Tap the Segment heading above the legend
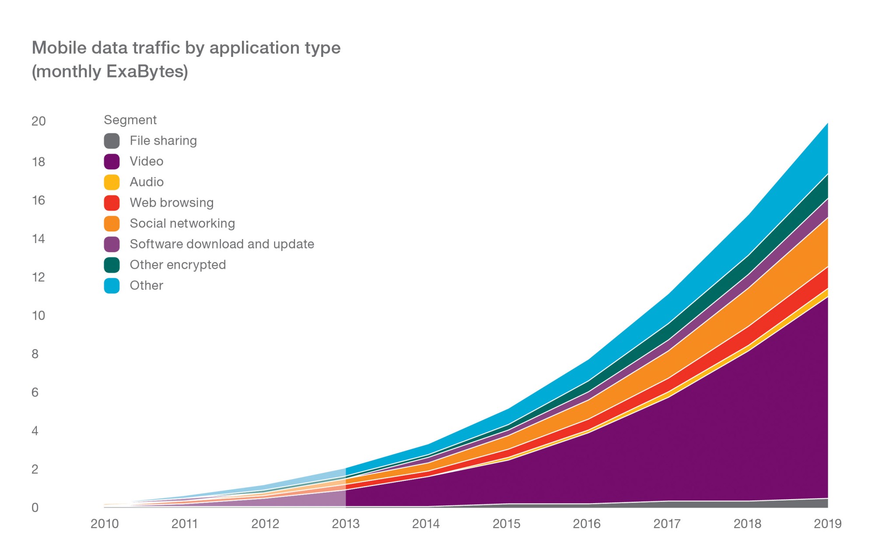130,120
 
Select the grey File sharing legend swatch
112,141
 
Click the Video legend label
147,161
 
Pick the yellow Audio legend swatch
112,182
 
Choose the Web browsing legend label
171,203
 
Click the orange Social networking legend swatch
112,223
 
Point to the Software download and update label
222,244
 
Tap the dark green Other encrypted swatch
112,265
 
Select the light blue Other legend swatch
112,285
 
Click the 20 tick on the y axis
38,121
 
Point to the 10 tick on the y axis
38,316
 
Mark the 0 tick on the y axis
35,507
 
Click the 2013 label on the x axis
346,524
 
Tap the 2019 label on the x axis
827,524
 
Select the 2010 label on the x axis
105,524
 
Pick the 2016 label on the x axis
587,524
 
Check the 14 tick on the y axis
38,239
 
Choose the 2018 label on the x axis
747,524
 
